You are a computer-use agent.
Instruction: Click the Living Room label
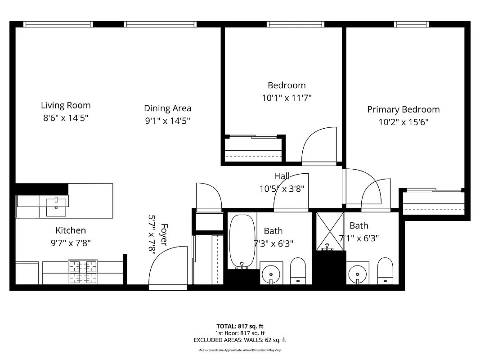tap(66, 105)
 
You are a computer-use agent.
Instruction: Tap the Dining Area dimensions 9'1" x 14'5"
tap(167, 121)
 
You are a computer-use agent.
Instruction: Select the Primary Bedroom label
tap(403, 109)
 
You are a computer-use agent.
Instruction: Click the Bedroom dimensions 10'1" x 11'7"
tap(287, 97)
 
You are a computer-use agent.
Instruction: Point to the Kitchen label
tap(71, 230)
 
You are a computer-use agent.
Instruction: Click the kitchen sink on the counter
tap(56, 207)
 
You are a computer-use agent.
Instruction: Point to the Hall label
tap(282, 176)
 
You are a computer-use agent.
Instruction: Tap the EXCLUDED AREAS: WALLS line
tap(239, 340)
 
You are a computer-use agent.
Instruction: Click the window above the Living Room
tap(58, 24)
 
